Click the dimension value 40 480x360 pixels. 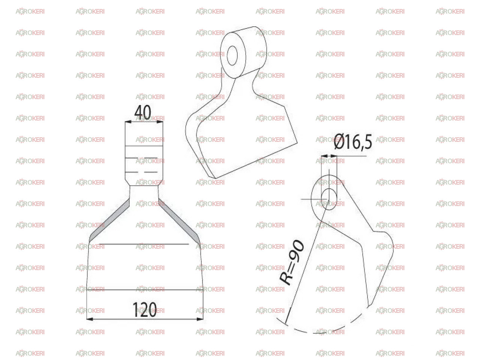pyautogui.click(x=142, y=112)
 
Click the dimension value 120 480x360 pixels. pyautogui.click(x=144, y=310)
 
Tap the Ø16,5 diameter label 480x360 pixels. pyautogui.click(x=352, y=142)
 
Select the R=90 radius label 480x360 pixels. pyautogui.click(x=292, y=263)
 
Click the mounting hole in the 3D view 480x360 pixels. pyautogui.click(x=232, y=55)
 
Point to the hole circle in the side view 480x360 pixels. pyautogui.click(x=329, y=199)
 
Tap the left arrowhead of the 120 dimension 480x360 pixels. pyautogui.click(x=90, y=319)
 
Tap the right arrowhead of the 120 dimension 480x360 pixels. pyautogui.click(x=200, y=319)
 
